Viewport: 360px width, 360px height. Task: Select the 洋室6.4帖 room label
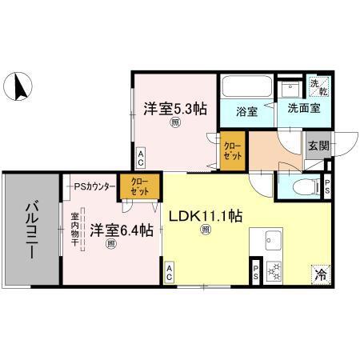121,231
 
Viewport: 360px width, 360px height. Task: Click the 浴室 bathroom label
247,111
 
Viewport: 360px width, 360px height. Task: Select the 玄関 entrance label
318,146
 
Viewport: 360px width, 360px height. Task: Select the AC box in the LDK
170,272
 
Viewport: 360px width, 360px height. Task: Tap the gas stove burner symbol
274,273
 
